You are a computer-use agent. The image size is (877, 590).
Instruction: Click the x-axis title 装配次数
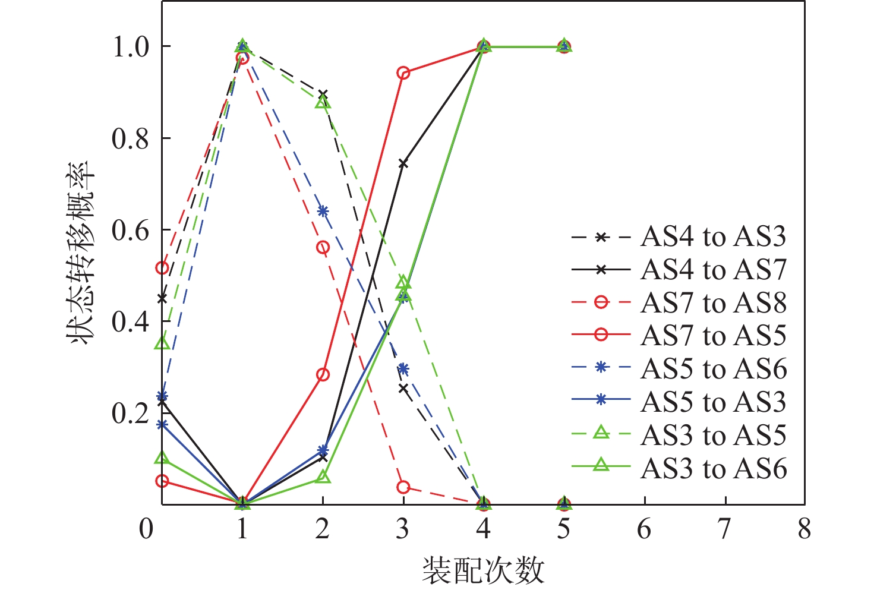(483, 570)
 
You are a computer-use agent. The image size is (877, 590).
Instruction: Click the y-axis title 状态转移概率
(80, 252)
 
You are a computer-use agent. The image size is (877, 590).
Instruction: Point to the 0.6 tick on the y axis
(131, 230)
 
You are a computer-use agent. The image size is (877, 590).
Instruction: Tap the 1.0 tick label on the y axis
(131, 46)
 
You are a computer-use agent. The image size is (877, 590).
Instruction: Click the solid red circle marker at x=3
(403, 73)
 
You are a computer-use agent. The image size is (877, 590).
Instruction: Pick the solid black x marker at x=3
(403, 163)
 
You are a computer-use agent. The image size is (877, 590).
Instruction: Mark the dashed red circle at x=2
(323, 247)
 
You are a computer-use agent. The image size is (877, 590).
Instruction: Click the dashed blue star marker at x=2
(323, 211)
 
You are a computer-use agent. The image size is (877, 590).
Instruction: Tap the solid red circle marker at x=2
(323, 374)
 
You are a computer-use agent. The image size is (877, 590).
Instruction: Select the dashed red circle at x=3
(403, 487)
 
